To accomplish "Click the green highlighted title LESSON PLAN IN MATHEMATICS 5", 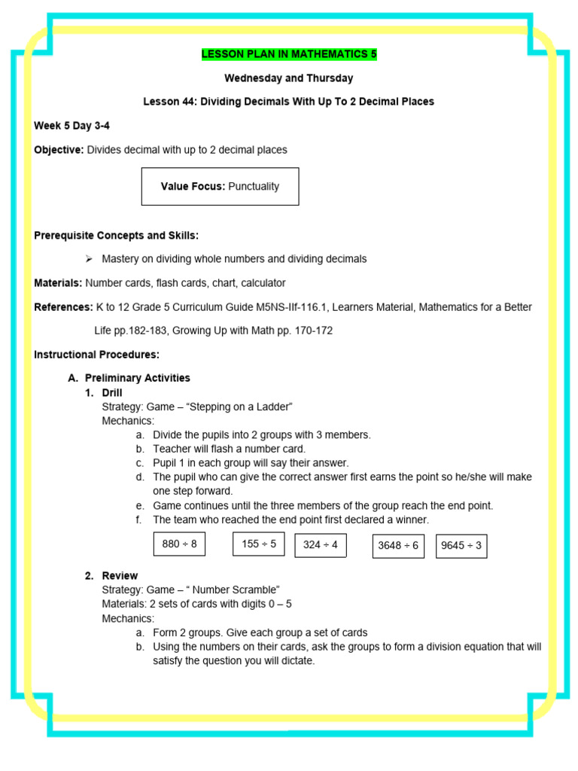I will click(x=289, y=54).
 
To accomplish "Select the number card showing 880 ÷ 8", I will click(x=179, y=544).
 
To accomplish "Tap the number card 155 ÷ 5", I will click(x=259, y=544).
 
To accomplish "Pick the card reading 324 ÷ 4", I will click(x=321, y=545).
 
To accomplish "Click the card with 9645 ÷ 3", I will click(x=461, y=546).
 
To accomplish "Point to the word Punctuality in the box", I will click(x=254, y=186).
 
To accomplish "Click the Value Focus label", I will click(x=193, y=186).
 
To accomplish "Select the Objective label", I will click(x=59, y=150).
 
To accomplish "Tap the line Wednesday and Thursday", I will click(x=289, y=78).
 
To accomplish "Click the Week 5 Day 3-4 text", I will click(x=71, y=126).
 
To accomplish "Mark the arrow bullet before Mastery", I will click(x=88, y=258).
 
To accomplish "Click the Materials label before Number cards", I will click(x=58, y=283).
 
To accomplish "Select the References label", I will click(x=62, y=307).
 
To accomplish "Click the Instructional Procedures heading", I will click(x=96, y=355).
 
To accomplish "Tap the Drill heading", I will click(x=111, y=392).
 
